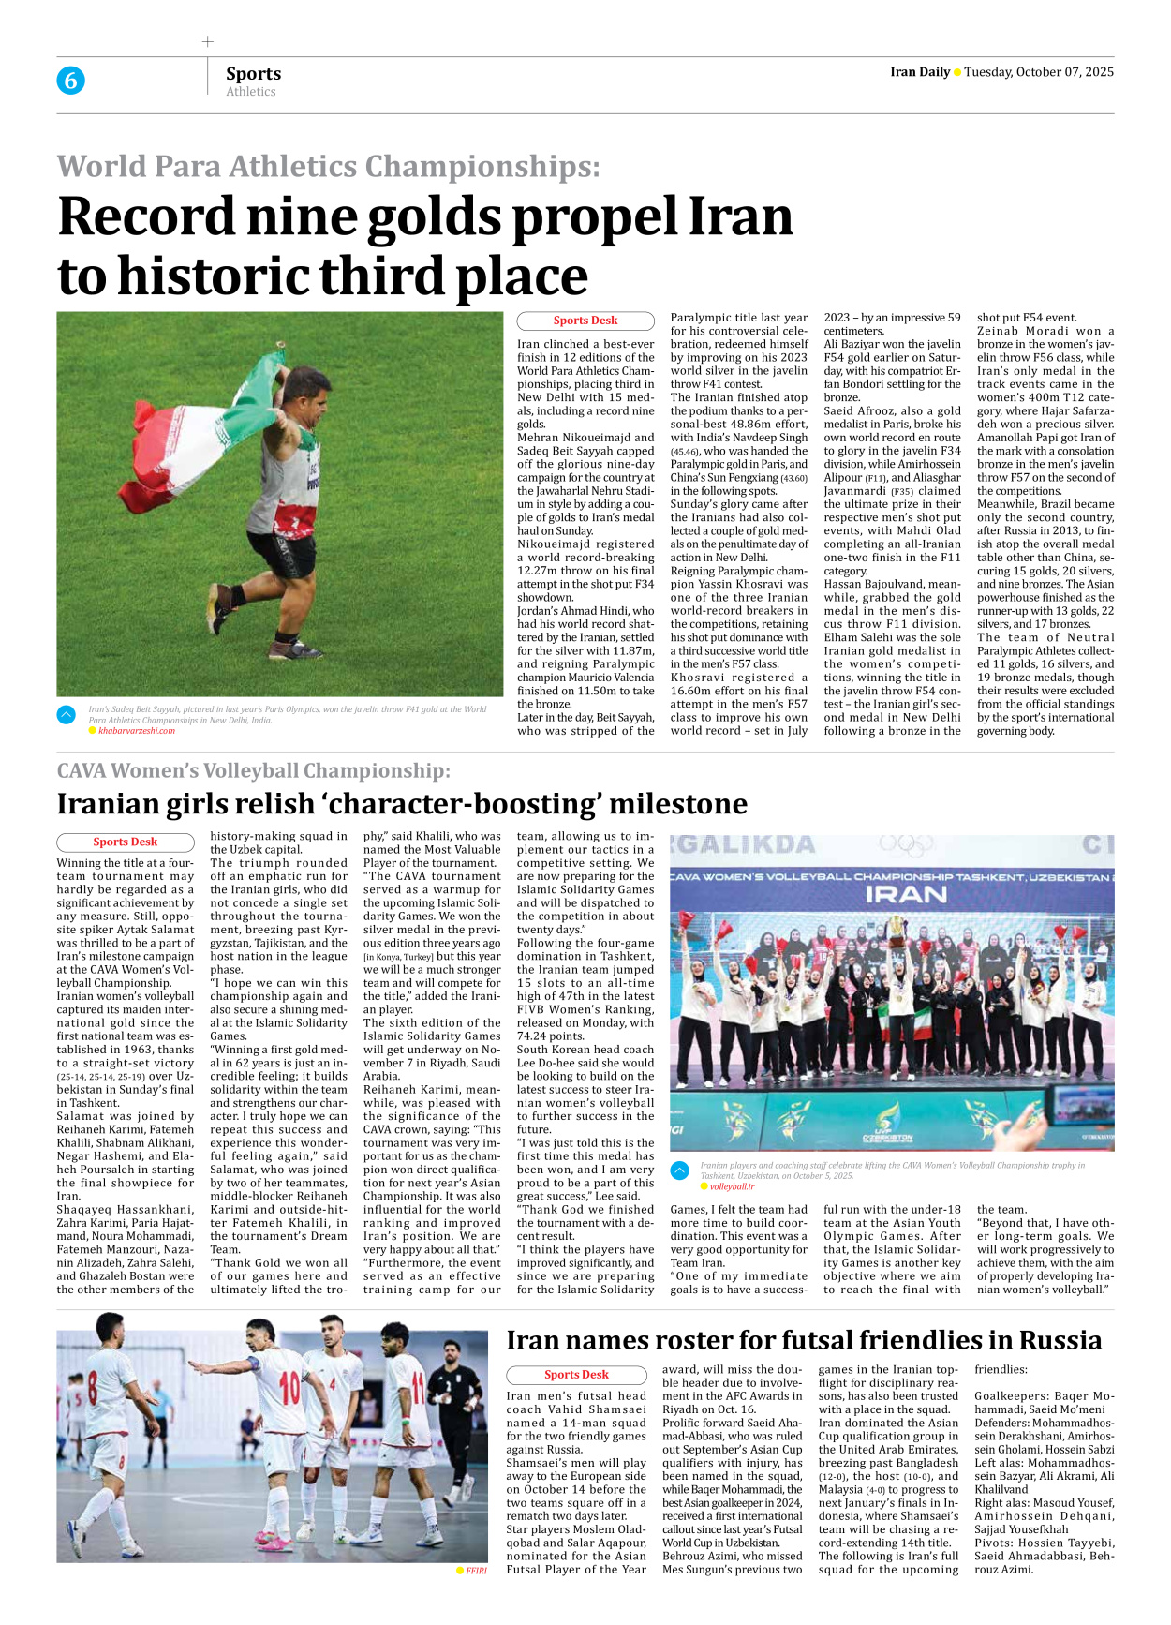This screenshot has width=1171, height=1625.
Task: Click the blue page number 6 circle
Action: click(x=70, y=81)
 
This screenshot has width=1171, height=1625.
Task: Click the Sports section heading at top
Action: click(x=253, y=73)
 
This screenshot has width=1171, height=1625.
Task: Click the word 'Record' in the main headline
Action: click(x=145, y=216)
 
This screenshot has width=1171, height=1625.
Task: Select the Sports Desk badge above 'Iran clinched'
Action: click(x=585, y=321)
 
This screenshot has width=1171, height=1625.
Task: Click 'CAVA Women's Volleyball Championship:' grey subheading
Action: click(x=253, y=770)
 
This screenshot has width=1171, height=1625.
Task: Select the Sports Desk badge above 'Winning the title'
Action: click(x=125, y=842)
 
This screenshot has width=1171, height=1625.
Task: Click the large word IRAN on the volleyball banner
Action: click(x=905, y=893)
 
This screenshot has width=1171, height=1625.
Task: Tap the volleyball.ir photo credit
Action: click(x=731, y=1186)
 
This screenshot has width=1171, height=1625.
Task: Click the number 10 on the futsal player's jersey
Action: click(x=289, y=1386)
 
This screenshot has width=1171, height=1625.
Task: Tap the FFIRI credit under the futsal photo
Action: click(x=476, y=1571)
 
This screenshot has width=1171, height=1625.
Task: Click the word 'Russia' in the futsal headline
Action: click(x=1060, y=1340)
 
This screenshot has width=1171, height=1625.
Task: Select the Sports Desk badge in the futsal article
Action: click(x=576, y=1375)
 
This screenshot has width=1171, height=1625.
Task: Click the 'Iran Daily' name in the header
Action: click(x=919, y=72)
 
